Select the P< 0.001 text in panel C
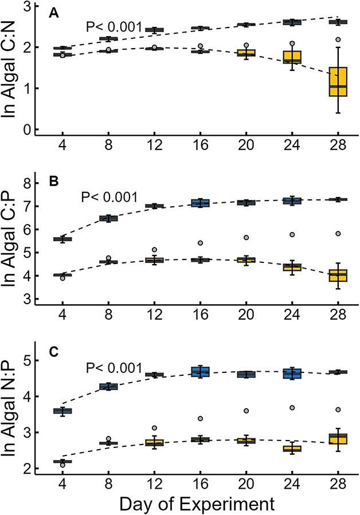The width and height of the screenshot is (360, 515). click(112, 368)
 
